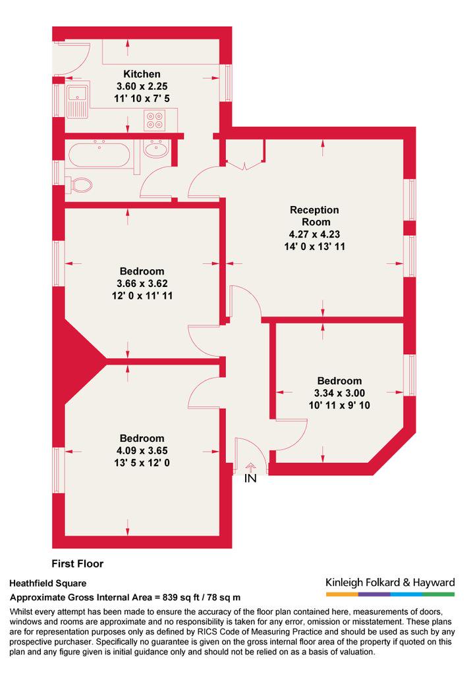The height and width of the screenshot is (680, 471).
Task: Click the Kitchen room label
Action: [x=142, y=74]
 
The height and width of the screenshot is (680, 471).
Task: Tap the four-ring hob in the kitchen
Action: [x=155, y=120]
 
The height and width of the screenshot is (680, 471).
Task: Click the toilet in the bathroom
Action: [x=79, y=185]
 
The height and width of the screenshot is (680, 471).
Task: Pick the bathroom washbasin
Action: [x=156, y=149]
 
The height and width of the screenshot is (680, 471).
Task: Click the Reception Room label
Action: [x=315, y=215]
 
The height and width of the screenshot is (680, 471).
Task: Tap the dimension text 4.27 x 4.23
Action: [x=314, y=234]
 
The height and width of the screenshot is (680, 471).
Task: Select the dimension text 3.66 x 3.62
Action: [x=142, y=284]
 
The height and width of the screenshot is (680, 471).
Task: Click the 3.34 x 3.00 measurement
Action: [x=339, y=393]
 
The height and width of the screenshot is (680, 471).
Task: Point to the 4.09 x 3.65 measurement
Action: [x=142, y=450]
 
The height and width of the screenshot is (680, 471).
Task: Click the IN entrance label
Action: [x=250, y=479]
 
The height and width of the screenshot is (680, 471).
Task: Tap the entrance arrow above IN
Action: [x=250, y=467]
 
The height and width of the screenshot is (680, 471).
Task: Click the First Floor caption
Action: [x=78, y=563]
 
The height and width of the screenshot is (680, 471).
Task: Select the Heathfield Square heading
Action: [x=47, y=583]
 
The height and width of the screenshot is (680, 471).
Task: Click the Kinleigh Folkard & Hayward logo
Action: [x=390, y=587]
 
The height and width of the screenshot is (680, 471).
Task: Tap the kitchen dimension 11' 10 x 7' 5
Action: [x=142, y=99]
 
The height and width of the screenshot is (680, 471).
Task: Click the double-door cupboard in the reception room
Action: [x=245, y=155]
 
